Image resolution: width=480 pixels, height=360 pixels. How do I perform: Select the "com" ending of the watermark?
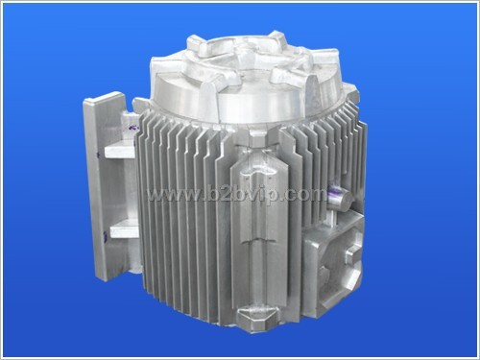pos(309,195)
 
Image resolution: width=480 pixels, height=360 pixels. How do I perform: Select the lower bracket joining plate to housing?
pos(123,231)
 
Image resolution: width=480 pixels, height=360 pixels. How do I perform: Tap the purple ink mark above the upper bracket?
pos(133,127)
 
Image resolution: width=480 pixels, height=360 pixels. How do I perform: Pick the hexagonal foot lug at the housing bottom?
pos(256,316)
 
